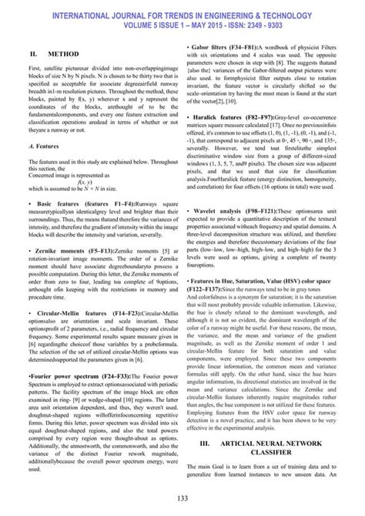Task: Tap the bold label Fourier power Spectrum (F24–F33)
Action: tap(76, 375)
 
